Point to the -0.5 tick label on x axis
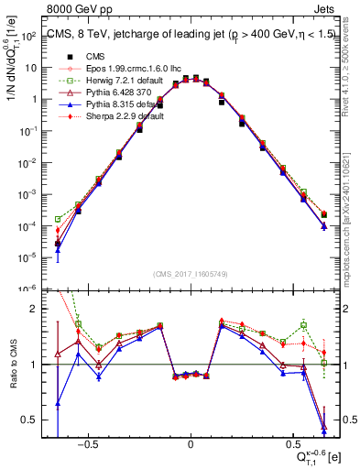tap(87, 443)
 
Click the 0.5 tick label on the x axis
tap(291, 443)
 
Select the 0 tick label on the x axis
tap(190, 443)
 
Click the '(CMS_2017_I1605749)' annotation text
tap(190, 273)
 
